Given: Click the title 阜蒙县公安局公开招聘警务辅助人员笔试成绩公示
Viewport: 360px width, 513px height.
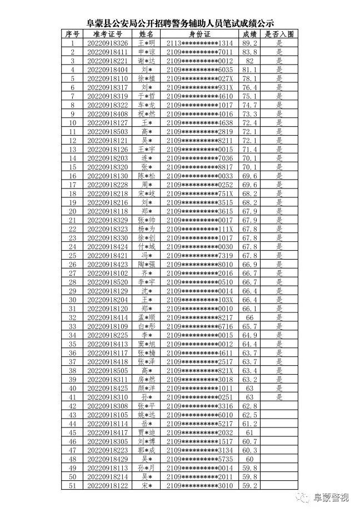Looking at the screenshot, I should (180, 24).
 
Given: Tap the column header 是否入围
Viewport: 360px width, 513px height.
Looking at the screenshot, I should (279, 34).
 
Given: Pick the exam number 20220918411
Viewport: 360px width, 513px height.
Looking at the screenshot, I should (108, 52).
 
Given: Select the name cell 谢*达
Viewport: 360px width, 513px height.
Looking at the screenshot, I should (147, 61).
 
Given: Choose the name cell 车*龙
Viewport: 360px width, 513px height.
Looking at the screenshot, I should (147, 105).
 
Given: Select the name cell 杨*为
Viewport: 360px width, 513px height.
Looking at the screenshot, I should (147, 229).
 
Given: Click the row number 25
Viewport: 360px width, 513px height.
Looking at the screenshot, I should (72, 256).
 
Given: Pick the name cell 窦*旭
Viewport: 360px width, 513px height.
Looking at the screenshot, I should (147, 344).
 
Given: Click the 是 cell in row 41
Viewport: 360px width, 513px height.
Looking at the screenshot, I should (279, 397).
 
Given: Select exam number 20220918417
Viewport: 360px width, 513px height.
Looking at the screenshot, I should (108, 432).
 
